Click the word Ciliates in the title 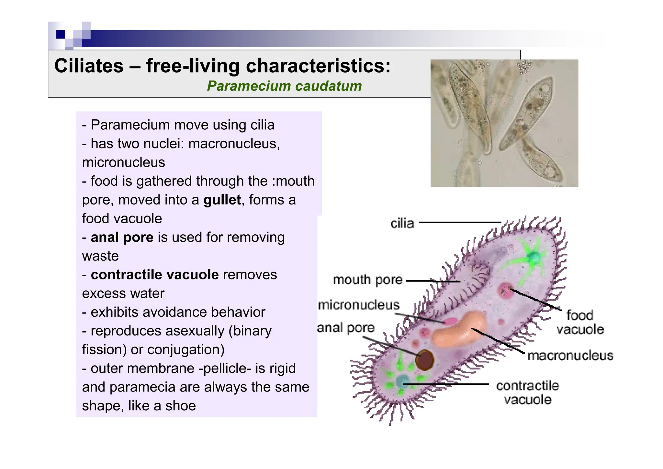click(x=89, y=66)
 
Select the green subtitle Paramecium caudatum click(x=284, y=86)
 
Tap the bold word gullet click(x=222, y=200)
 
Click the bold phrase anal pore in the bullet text click(x=122, y=238)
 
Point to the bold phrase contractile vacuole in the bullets click(x=155, y=275)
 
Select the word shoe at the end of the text click(x=180, y=406)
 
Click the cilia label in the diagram click(x=402, y=223)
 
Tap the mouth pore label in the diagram click(x=368, y=280)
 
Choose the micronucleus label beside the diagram click(x=359, y=305)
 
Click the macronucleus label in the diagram click(x=570, y=356)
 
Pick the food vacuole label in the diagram click(x=580, y=322)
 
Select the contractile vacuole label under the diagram click(x=527, y=393)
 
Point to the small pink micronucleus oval click(x=450, y=322)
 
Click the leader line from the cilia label click(x=460, y=223)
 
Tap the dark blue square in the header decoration click(x=61, y=34)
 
